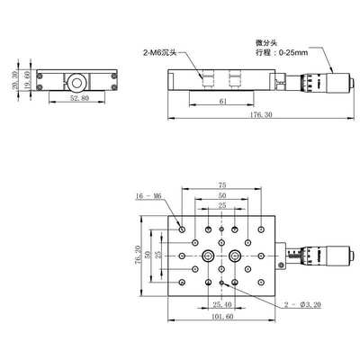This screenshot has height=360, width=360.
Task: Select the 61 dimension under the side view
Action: click(221, 104)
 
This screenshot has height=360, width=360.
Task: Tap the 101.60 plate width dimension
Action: click(221, 318)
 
